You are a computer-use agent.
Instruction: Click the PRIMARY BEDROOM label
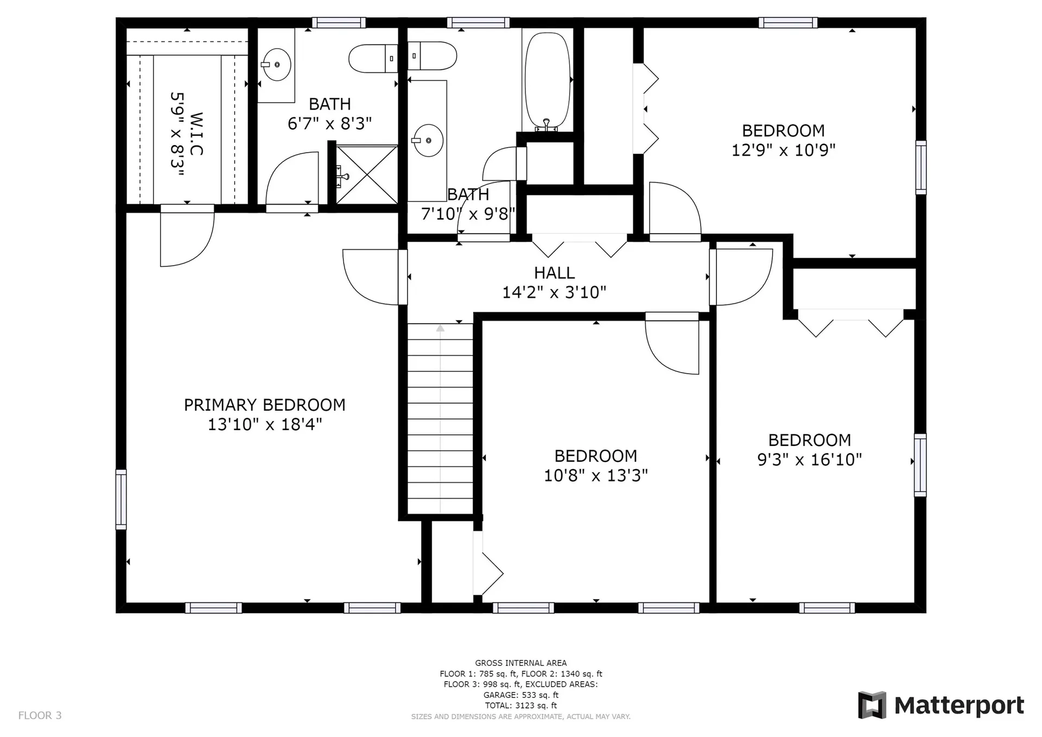(x=265, y=405)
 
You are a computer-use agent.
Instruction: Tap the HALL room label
(x=554, y=273)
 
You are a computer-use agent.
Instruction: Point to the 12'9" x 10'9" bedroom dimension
(x=783, y=150)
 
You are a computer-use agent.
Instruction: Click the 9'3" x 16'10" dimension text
(x=809, y=460)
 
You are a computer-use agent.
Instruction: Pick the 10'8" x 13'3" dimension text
(x=596, y=476)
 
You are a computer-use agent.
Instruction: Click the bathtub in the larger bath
(x=548, y=81)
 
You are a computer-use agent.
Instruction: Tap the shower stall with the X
(x=367, y=174)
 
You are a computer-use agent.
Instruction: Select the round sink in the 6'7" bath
(x=276, y=65)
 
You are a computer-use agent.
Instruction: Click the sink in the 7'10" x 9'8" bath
(x=428, y=140)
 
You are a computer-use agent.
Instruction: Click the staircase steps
(x=440, y=419)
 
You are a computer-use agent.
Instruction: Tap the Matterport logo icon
(x=872, y=705)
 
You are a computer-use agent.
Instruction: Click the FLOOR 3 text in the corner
(x=40, y=715)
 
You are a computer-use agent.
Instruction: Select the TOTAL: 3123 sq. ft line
(x=521, y=705)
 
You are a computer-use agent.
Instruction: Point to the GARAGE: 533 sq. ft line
(x=521, y=695)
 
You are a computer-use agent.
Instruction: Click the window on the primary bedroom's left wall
(x=121, y=499)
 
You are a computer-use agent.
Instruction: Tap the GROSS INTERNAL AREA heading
(x=521, y=663)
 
